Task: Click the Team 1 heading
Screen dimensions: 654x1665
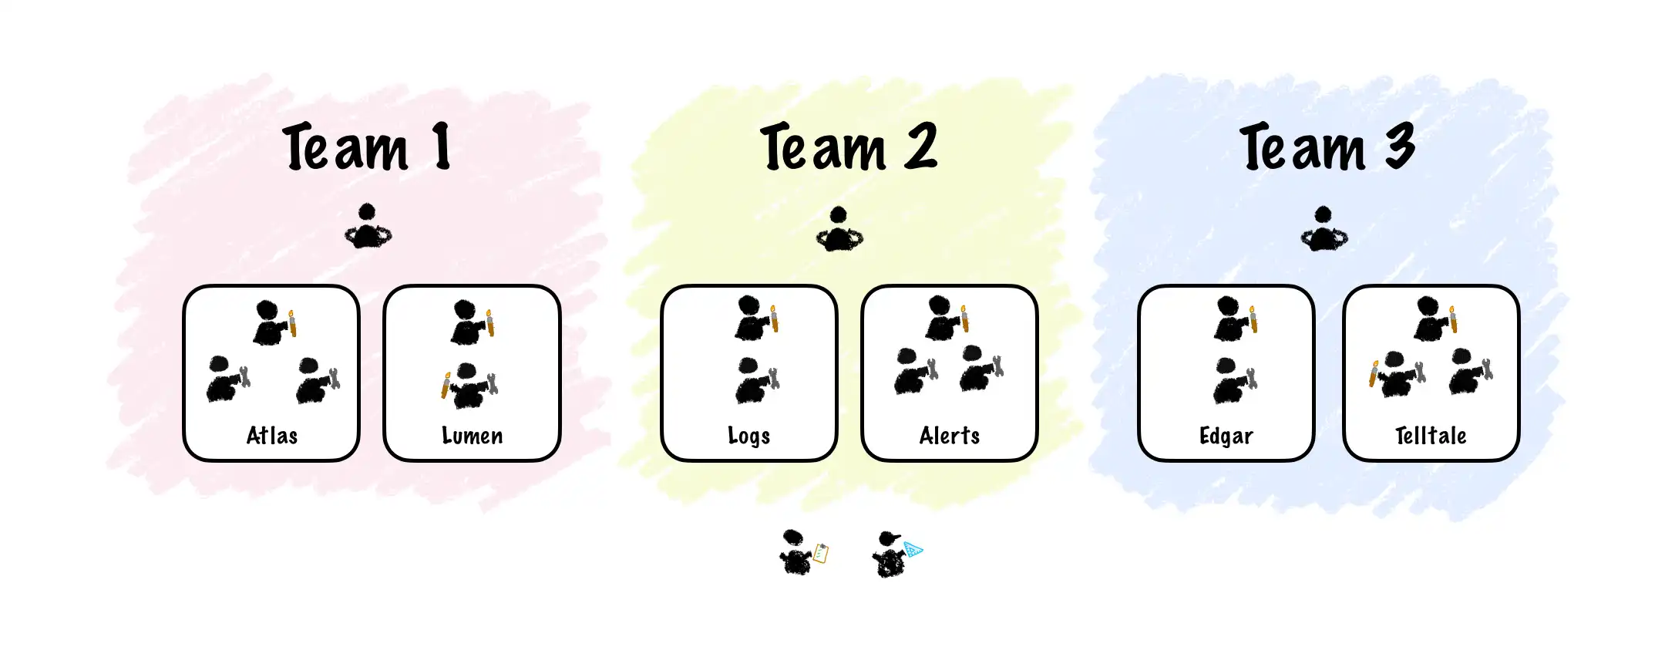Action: [367, 147]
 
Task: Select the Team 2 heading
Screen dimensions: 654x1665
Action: [848, 147]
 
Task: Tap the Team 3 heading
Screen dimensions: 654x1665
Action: [1327, 147]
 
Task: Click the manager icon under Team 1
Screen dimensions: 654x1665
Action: [368, 227]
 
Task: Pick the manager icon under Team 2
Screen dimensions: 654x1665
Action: [839, 230]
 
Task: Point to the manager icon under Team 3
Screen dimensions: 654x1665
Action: [1324, 229]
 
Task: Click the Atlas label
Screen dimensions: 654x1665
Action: [271, 436]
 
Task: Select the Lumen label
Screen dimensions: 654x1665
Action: [472, 436]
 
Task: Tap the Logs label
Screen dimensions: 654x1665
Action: [748, 437]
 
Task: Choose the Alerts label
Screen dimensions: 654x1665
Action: [949, 436]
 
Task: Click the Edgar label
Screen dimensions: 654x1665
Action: [1226, 437]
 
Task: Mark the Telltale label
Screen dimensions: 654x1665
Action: [1431, 436]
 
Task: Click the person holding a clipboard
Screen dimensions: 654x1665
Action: [802, 552]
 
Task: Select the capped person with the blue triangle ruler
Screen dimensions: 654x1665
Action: [894, 554]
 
